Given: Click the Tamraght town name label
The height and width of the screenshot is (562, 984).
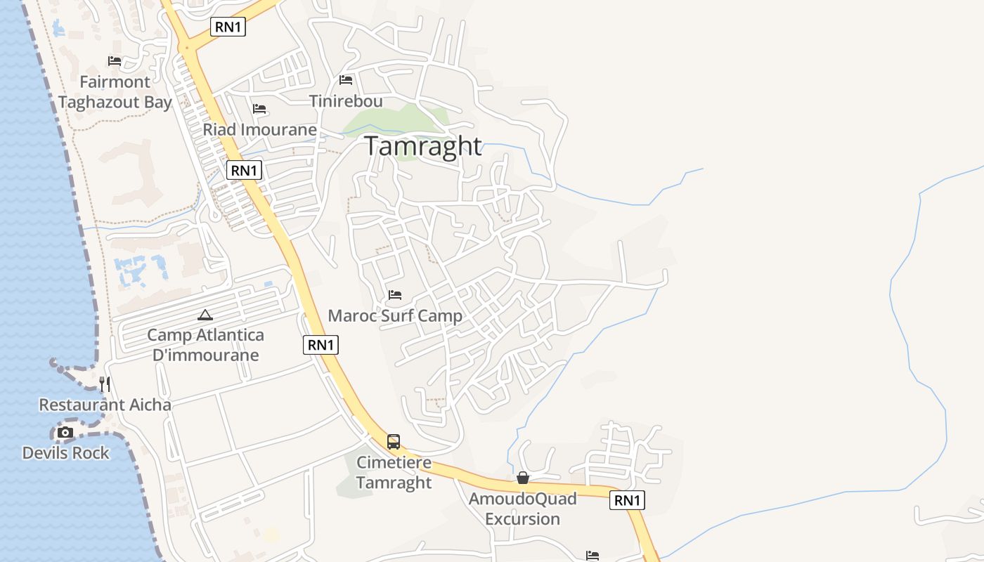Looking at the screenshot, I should [x=423, y=146].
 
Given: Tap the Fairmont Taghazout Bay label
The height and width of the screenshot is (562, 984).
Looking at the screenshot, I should [x=115, y=92].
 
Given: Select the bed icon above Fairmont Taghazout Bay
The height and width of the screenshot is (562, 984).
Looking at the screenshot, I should [x=115, y=61].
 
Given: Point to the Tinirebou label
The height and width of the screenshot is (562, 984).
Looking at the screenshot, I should [x=346, y=101].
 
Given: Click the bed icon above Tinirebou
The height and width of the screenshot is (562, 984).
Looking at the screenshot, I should [x=346, y=80].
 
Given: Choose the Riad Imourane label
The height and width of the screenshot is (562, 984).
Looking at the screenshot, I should [x=260, y=130].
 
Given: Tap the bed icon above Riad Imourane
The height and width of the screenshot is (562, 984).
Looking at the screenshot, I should [x=259, y=109].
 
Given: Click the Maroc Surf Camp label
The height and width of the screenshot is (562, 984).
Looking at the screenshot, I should [x=395, y=316].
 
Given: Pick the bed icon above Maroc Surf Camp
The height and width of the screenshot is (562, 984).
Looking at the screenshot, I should [x=395, y=295].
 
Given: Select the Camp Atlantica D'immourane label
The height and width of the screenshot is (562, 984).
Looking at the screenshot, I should [x=205, y=345].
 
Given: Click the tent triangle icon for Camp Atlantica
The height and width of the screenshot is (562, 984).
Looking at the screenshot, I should [x=205, y=315].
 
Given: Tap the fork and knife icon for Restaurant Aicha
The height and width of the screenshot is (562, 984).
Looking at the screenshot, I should [x=105, y=384].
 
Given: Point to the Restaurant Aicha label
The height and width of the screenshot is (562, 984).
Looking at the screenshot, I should [x=105, y=405].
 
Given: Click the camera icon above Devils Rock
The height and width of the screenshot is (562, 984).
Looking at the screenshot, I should [x=65, y=432].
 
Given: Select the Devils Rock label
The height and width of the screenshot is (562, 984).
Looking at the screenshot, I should [x=65, y=453].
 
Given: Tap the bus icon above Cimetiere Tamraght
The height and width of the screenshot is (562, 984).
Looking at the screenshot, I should [x=394, y=442].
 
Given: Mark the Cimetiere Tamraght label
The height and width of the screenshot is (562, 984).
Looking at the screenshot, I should [x=394, y=473].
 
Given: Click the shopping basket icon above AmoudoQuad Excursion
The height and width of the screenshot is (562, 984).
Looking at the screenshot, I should [x=523, y=478].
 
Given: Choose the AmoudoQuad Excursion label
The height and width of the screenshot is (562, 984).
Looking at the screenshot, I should [x=523, y=509].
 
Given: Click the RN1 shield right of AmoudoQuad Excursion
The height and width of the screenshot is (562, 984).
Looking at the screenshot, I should [x=628, y=500].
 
